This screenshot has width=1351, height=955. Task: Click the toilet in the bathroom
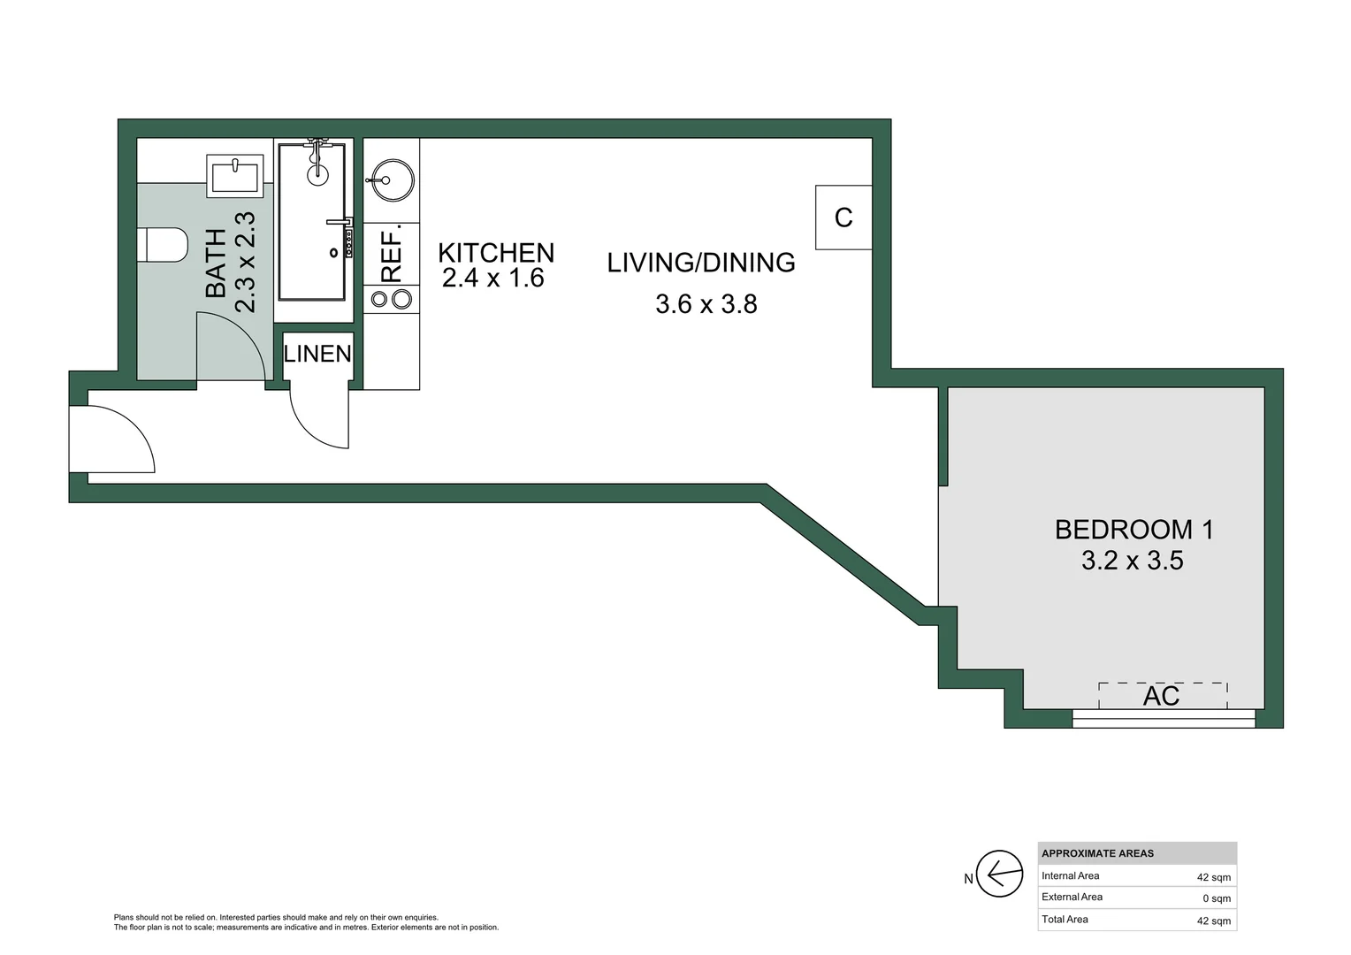point(164,245)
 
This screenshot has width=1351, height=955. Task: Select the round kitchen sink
point(390,180)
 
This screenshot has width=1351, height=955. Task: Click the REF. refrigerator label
point(392,254)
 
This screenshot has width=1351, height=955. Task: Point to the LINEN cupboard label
point(317,354)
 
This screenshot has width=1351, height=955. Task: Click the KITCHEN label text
point(496,253)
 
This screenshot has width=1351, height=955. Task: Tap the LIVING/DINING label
point(701,263)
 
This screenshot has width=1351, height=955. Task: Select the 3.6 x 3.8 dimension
point(706,304)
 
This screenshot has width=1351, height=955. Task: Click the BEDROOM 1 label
point(1133,530)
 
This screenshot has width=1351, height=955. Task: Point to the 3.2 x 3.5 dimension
point(1132,561)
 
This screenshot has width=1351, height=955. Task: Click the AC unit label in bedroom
point(1161,696)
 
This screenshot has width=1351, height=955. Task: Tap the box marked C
point(843,218)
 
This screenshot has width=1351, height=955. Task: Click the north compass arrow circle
point(999,875)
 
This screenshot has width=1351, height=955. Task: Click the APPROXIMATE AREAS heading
point(1097,853)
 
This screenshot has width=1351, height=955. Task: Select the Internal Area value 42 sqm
point(1213,877)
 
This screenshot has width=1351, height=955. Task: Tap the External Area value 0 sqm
point(1217,898)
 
